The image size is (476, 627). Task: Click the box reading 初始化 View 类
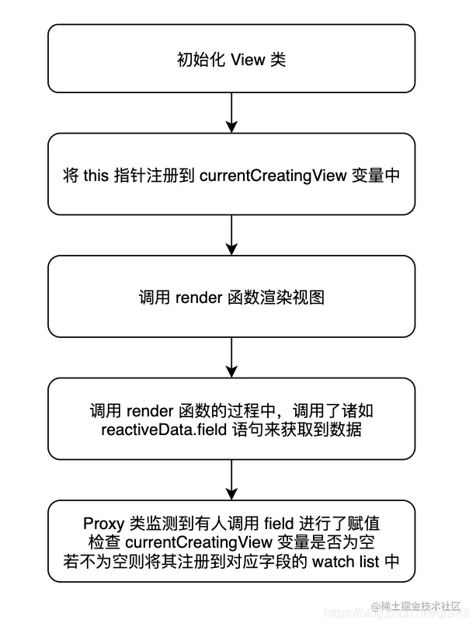pyautogui.click(x=232, y=58)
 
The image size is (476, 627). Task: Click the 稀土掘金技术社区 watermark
pyautogui.click(x=419, y=606)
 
